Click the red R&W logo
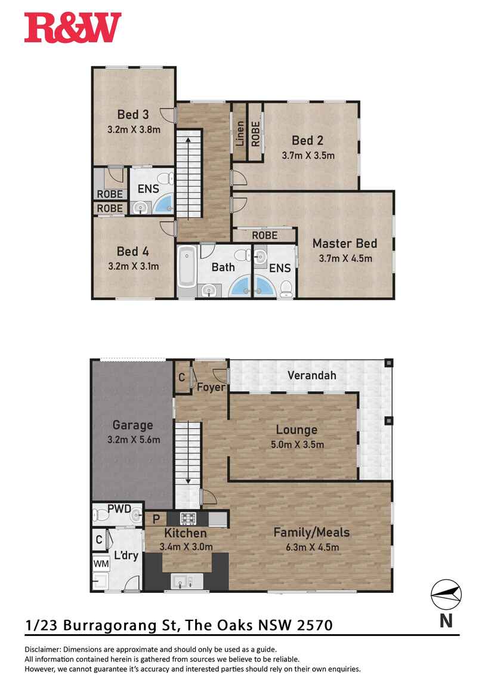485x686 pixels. tap(73, 28)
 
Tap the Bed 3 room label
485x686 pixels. tap(132, 115)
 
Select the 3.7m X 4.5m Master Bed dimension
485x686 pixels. tap(345, 258)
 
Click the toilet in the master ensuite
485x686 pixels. tap(286, 288)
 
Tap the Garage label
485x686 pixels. tap(132, 425)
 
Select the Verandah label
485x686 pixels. tap(311, 375)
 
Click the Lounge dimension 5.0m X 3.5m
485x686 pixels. tap(296, 444)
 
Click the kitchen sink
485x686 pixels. tap(180, 580)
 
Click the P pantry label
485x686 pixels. tap(156, 518)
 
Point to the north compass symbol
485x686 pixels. tap(446, 593)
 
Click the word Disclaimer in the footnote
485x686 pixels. tap(42, 649)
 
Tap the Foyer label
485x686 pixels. tap(211, 387)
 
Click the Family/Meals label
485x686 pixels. tap(311, 532)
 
